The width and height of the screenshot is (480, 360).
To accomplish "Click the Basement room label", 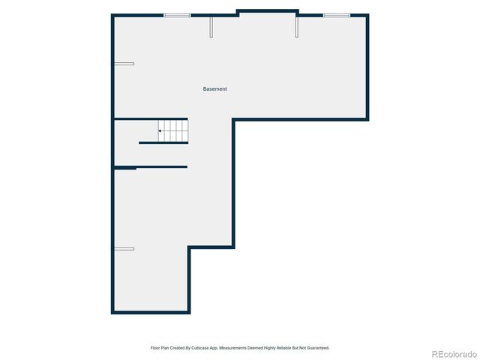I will [x=214, y=89].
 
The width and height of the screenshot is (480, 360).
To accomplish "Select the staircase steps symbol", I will [x=172, y=130].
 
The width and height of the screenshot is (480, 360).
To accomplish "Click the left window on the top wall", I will [x=177, y=15].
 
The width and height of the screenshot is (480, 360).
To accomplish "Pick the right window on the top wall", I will [x=336, y=15].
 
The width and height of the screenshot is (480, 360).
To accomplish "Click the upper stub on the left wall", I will [x=124, y=64].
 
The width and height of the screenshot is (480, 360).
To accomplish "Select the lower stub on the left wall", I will [x=124, y=248].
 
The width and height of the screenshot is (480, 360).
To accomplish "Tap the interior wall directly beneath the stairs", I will [x=163, y=142].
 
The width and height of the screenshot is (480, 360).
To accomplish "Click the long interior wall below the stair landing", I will [x=150, y=166].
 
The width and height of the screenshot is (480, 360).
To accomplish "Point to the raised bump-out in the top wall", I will [x=268, y=11].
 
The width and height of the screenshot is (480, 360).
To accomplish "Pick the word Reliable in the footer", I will [x=284, y=348].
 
